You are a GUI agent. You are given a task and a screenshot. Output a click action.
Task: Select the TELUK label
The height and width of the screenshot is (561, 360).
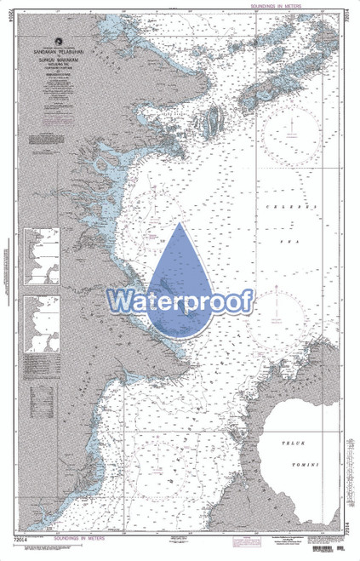click(x=298, y=444)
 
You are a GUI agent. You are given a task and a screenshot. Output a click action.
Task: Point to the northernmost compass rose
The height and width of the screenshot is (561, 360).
click(x=291, y=128)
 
